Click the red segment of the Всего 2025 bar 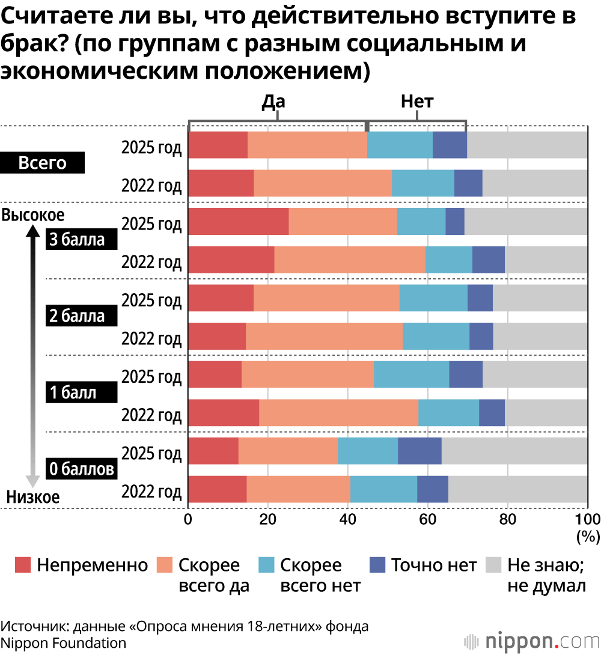coord(218,145)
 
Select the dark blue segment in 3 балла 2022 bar coord(488,260)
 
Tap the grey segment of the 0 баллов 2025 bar coord(514,451)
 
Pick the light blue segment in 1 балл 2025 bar coord(411,374)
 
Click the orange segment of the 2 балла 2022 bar coord(324,336)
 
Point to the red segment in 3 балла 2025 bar coord(239,221)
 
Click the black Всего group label coord(43,163)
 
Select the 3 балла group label coord(76,240)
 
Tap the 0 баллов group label coord(81,469)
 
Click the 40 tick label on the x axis coord(347,519)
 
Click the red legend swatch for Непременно coord(23,565)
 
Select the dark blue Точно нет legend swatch coord(377,565)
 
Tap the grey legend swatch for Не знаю coord(493,565)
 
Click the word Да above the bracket coord(273,102)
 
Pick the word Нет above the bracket coord(417,102)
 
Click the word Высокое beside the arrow coord(33,215)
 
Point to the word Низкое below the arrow coord(33,497)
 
